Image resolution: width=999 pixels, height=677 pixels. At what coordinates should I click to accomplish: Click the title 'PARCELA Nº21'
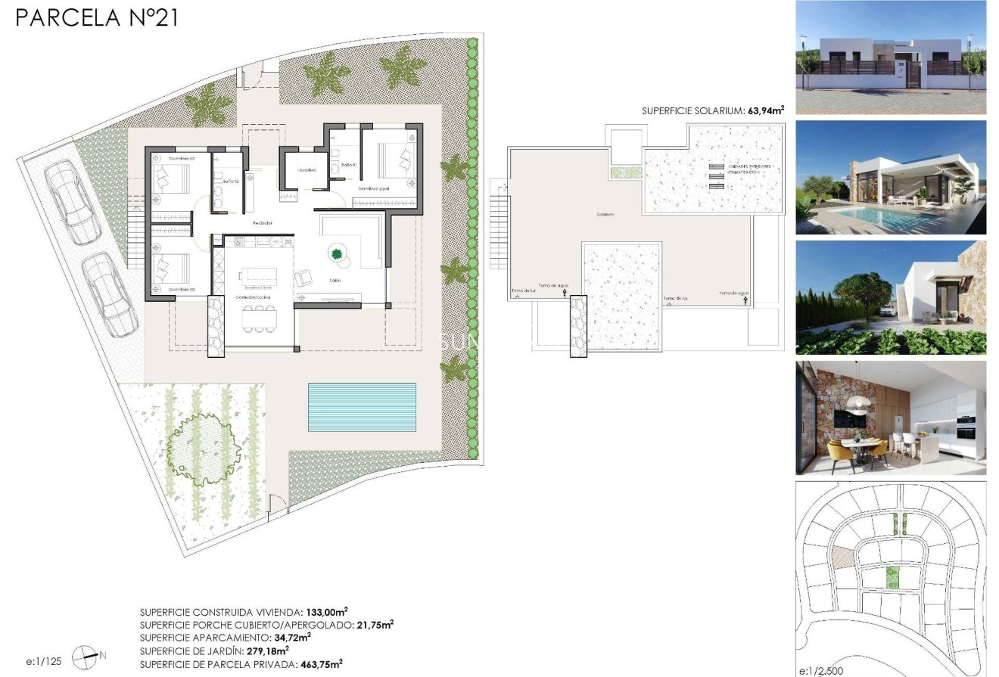click(x=97, y=17)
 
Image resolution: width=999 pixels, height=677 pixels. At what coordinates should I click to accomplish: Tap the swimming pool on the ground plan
click(x=362, y=407)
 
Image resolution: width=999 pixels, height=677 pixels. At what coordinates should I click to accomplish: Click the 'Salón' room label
click(x=335, y=281)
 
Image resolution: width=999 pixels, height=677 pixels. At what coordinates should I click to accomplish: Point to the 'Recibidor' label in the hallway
click(x=263, y=222)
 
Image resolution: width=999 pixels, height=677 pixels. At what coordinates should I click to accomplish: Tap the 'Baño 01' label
click(x=348, y=164)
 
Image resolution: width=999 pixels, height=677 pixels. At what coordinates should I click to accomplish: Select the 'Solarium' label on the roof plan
click(x=605, y=214)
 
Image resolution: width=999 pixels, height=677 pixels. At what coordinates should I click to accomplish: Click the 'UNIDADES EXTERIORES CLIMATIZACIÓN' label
click(x=748, y=169)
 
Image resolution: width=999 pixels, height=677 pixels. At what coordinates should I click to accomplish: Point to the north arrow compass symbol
click(x=86, y=657)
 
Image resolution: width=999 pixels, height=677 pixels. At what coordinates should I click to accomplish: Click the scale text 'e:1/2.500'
click(x=821, y=670)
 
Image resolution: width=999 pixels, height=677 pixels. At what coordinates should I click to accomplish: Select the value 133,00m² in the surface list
click(x=326, y=612)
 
